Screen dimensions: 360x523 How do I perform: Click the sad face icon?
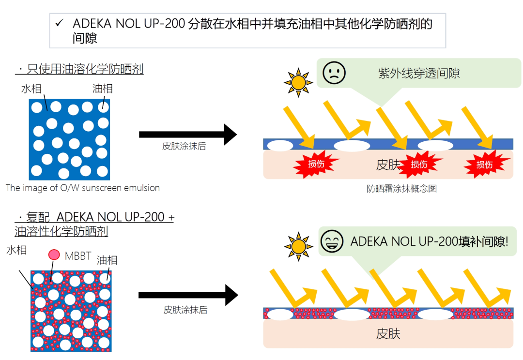tap(334, 74)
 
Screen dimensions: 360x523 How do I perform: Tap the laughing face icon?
tap(332, 241)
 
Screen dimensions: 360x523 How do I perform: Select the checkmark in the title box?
tap(60, 23)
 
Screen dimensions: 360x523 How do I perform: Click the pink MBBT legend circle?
tap(54, 255)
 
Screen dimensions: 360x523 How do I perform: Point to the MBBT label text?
tap(78, 256)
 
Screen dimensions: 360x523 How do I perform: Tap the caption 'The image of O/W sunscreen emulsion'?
tap(83, 188)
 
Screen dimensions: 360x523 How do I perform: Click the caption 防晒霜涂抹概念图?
tap(402, 189)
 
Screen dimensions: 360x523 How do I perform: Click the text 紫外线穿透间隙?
tap(419, 74)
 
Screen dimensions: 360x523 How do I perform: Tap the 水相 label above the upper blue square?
tap(31, 89)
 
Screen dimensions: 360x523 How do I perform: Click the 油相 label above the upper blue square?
tap(102, 89)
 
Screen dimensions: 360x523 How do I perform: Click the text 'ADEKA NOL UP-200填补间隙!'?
tap(430, 241)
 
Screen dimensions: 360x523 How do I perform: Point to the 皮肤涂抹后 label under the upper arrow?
tap(184, 147)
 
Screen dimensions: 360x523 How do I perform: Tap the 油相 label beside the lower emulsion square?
tap(107, 260)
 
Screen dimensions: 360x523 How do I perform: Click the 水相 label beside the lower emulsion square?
tap(16, 251)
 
